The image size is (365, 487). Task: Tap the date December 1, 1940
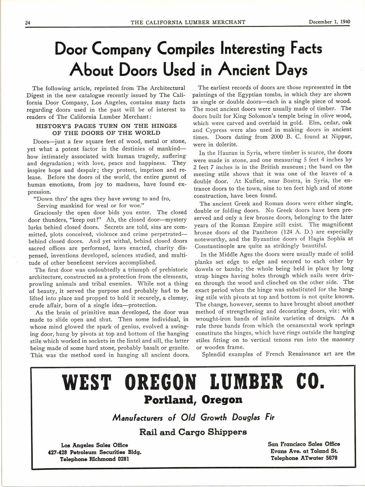pyautogui.click(x=329, y=22)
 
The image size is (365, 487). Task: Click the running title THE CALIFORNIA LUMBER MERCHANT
pyautogui.click(x=188, y=22)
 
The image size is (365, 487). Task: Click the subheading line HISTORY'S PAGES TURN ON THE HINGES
pyautogui.click(x=107, y=126)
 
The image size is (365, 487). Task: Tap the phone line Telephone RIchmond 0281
pyautogui.click(x=95, y=459)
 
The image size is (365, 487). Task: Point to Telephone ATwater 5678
pyautogui.click(x=304, y=458)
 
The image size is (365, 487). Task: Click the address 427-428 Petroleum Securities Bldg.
pyautogui.click(x=95, y=453)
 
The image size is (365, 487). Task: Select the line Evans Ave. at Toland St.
pyautogui.click(x=304, y=451)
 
